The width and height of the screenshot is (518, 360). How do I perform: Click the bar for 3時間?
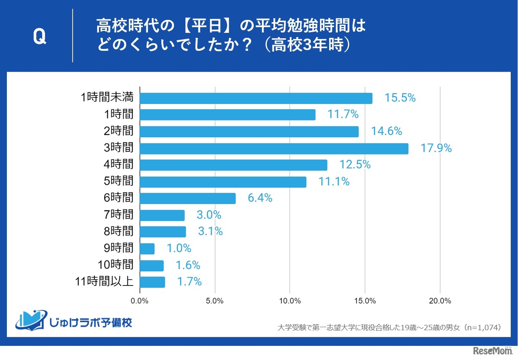pyautogui.click(x=274, y=148)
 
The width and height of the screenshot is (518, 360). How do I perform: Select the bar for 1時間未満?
pyautogui.click(x=256, y=98)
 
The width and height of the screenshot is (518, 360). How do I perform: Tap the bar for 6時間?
pyautogui.click(x=188, y=198)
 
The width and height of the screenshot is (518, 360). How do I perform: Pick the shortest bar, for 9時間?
pyautogui.click(x=147, y=249)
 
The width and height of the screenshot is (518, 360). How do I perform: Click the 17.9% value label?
pyautogui.click(x=436, y=148)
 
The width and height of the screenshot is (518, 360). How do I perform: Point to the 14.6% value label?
pyautogui.click(x=386, y=131)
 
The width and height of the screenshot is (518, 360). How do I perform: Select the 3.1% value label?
pyautogui.click(x=210, y=231)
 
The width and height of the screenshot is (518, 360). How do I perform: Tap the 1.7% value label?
pyautogui.click(x=189, y=281)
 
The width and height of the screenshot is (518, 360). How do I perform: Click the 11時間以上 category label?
pyautogui.click(x=104, y=281)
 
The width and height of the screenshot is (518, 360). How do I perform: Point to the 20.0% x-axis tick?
pyautogui.click(x=440, y=301)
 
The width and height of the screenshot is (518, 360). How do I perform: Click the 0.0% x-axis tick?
pyautogui.click(x=140, y=301)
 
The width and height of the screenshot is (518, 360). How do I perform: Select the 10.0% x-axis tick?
pyautogui.click(x=290, y=301)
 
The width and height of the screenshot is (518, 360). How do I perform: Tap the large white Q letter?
pyautogui.click(x=39, y=37)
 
